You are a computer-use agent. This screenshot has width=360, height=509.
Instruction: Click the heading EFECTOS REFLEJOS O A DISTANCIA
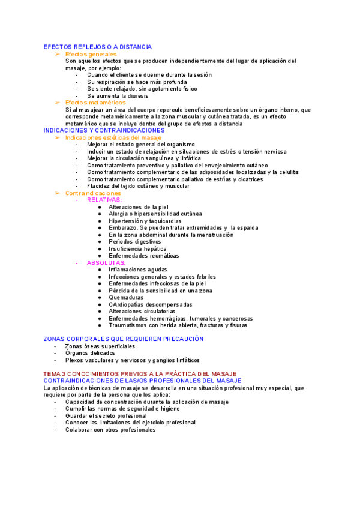tap(98, 47)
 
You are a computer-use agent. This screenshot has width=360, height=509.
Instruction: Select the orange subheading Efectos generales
tap(91, 54)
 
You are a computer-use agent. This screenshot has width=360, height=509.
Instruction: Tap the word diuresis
tap(136, 95)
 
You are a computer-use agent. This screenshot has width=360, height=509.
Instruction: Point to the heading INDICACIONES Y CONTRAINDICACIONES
tap(104, 130)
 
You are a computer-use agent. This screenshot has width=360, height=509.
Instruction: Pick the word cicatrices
tap(248, 179)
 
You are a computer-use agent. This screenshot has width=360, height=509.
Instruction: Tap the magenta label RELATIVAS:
tap(104, 200)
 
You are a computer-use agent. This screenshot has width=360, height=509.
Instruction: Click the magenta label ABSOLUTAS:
tap(106, 262)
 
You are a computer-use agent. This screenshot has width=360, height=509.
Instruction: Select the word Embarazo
tap(122, 227)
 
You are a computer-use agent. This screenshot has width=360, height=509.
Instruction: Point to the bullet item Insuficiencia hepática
tap(137, 248)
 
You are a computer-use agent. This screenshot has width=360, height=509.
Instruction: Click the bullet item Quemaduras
tap(126, 297)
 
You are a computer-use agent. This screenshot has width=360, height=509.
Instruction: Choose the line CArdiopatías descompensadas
tap(151, 304)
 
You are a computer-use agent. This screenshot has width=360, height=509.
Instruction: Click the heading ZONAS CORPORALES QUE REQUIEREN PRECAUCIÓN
tap(124, 339)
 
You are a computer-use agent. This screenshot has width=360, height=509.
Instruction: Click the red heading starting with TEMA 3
tap(140, 374)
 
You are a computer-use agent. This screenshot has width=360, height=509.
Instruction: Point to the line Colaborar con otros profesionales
tap(110, 429)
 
